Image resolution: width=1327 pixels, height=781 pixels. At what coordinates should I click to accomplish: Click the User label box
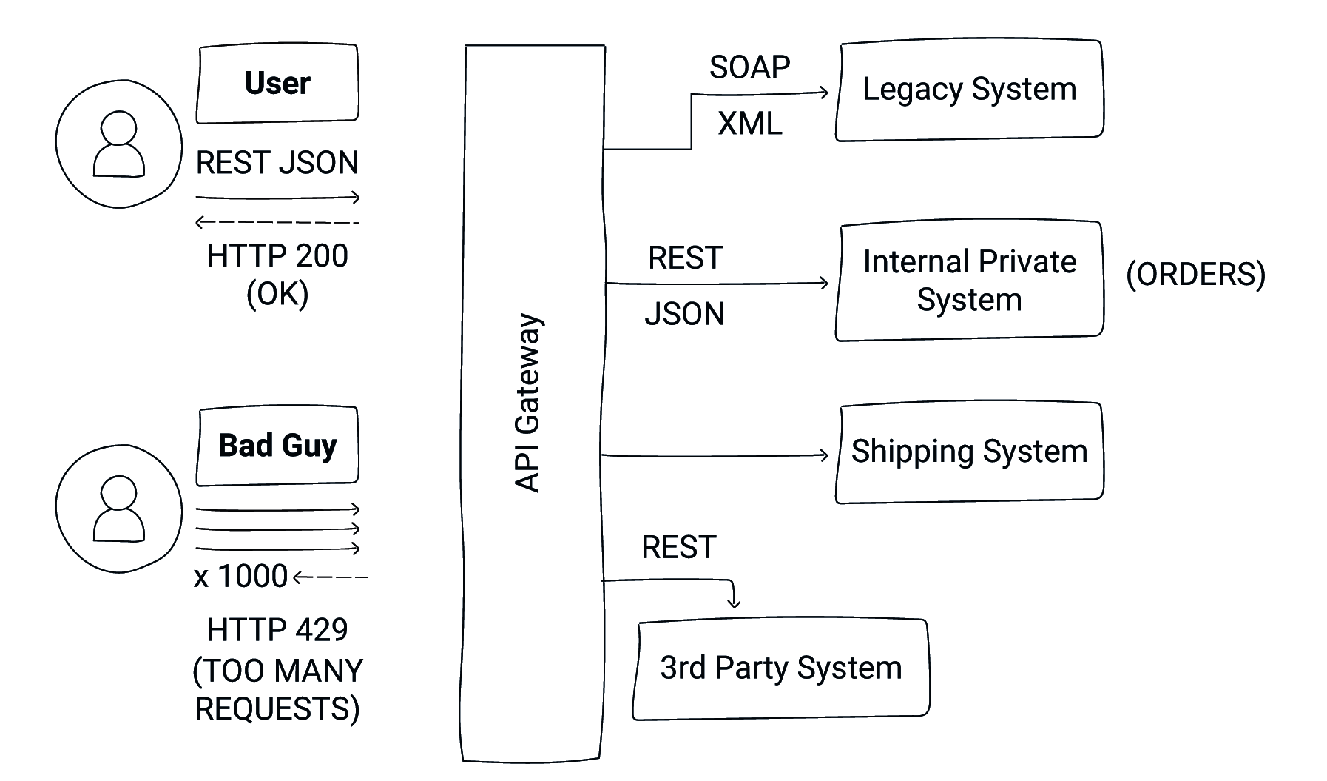(277, 84)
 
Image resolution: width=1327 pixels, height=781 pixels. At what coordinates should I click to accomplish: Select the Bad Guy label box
(277, 446)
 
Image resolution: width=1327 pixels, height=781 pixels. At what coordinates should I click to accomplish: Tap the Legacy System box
(969, 90)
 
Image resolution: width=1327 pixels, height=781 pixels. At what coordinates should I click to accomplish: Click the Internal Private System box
(969, 281)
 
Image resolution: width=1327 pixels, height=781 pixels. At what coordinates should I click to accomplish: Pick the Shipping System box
(969, 452)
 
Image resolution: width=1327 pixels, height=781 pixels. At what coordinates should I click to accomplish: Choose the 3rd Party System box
(780, 668)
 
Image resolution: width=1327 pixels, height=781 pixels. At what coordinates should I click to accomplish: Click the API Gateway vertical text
(528, 403)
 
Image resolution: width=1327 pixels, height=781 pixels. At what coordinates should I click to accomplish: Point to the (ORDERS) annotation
(1195, 275)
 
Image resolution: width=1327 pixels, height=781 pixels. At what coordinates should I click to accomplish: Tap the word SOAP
(749, 67)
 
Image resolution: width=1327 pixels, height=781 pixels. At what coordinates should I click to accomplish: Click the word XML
(749, 124)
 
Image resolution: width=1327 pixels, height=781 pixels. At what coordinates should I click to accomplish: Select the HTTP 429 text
(277, 630)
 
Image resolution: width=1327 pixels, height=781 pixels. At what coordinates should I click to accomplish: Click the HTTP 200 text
(277, 256)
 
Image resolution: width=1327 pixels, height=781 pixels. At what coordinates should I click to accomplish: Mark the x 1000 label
(240, 577)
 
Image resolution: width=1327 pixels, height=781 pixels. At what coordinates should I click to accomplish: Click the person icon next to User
(118, 144)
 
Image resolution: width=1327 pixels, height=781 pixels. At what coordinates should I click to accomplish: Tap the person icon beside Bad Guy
(118, 509)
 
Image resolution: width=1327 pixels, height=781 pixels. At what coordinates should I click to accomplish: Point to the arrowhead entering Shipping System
(823, 455)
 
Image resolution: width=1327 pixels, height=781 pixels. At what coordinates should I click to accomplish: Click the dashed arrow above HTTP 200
(277, 222)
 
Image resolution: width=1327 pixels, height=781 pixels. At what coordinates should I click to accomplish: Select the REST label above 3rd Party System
(678, 548)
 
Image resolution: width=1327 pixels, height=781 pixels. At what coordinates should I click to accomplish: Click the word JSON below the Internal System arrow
(684, 314)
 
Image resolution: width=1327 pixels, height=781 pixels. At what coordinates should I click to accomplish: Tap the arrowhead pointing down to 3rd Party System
(733, 603)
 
